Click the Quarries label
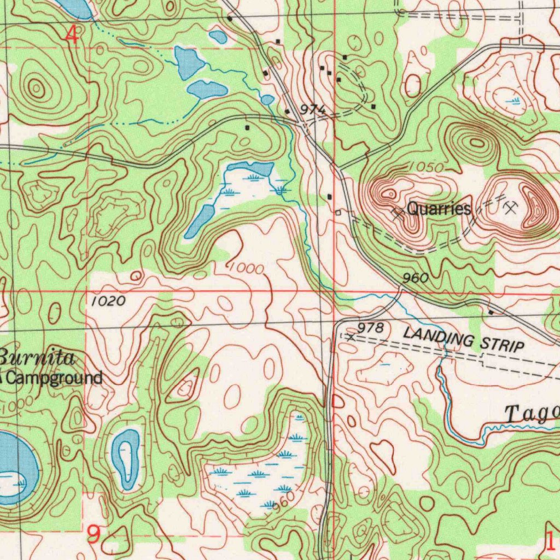439,208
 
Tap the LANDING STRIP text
464,339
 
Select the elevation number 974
313,109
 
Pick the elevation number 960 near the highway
415,278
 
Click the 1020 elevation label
108,301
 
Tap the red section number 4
72,36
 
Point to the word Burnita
37,358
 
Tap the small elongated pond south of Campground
127,458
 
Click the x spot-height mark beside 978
351,337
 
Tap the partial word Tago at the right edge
530,414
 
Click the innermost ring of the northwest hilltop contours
37,87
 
